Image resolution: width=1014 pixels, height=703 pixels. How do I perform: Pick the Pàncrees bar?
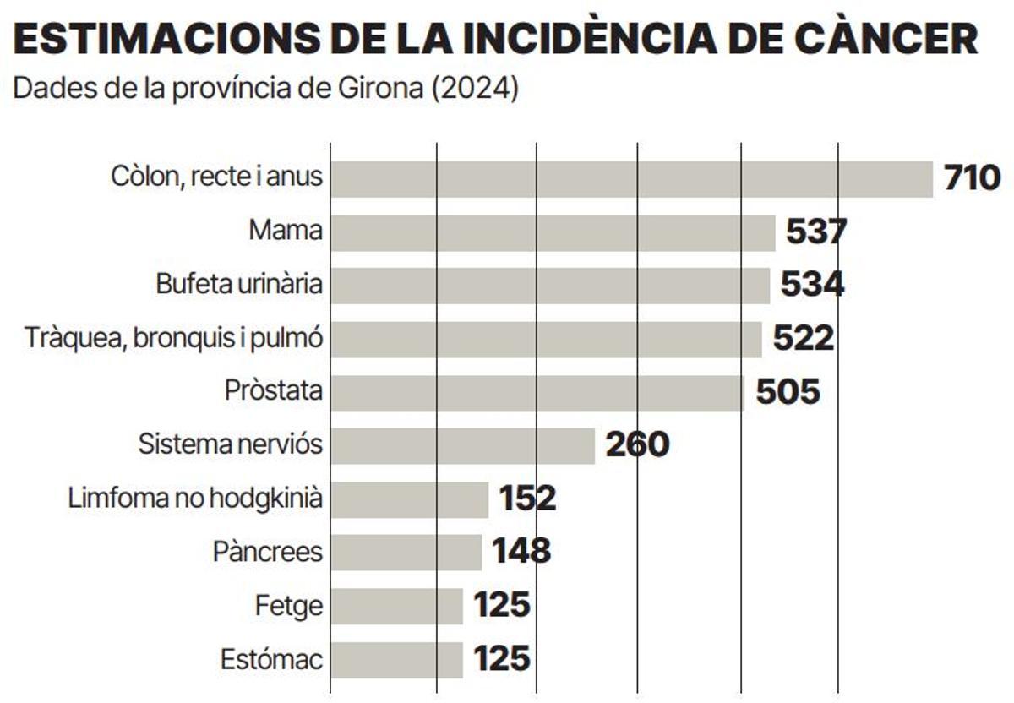(x=406, y=552)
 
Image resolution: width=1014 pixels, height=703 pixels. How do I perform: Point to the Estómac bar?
(x=396, y=659)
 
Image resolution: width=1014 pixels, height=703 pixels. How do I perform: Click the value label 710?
(x=972, y=179)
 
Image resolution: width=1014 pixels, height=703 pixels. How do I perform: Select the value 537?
(x=816, y=232)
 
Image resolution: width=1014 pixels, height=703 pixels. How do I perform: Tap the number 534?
(x=811, y=285)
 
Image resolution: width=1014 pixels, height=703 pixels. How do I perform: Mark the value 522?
(x=803, y=338)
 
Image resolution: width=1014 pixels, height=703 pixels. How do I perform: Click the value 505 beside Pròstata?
(x=788, y=391)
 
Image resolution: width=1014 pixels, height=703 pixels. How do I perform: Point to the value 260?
(x=637, y=444)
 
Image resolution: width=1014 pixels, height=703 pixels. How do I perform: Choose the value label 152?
(x=527, y=499)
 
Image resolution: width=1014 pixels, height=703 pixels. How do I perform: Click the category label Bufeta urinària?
(x=239, y=284)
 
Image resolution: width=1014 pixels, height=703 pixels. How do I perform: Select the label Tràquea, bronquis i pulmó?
(x=173, y=338)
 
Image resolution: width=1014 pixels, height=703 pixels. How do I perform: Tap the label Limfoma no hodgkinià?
(x=195, y=499)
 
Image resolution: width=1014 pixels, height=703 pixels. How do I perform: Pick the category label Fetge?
(x=289, y=605)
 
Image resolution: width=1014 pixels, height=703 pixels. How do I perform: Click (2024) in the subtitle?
(x=474, y=89)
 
